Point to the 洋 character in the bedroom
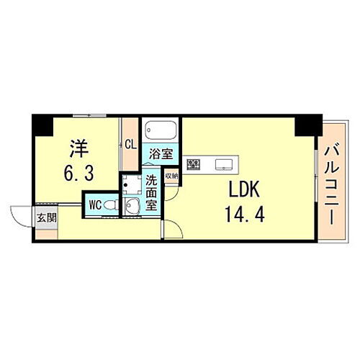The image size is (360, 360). [79, 150]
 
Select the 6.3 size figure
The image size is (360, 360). [78, 174]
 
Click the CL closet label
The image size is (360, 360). [130, 143]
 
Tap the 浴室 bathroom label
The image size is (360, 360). [161, 153]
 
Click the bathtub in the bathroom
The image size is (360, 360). [160, 132]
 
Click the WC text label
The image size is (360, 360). [94, 204]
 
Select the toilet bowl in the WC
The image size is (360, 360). [109, 205]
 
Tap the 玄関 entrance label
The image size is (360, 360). [45, 217]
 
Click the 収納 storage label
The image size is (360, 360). [171, 175]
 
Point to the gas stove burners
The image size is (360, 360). [193, 165]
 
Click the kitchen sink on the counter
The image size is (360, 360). [223, 164]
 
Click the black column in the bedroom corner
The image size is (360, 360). [41, 125]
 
